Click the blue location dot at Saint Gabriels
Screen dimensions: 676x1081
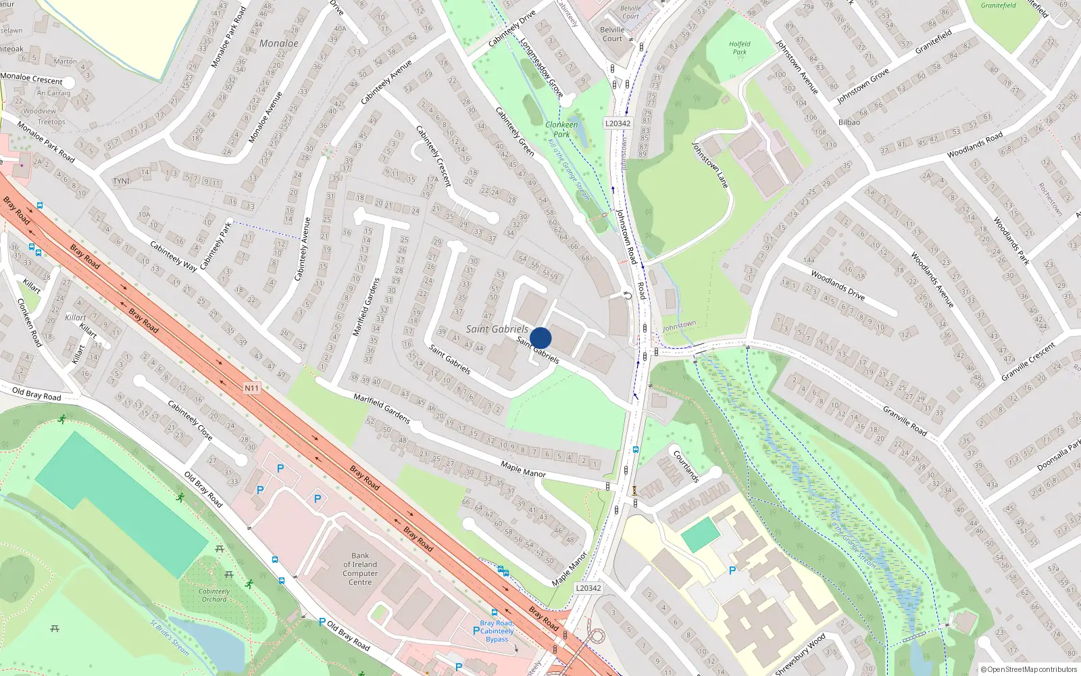[540, 338]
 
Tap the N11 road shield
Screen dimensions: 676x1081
[251, 388]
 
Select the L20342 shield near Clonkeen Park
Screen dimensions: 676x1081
[618, 123]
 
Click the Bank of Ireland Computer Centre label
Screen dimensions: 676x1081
[360, 569]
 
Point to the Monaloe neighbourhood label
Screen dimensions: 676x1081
[278, 43]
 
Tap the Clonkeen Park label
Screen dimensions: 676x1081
[561, 129]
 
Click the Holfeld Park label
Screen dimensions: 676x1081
[740, 47]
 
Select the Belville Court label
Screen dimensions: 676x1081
[612, 34]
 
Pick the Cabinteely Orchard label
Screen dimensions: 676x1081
[214, 595]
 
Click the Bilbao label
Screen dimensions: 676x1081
[849, 122]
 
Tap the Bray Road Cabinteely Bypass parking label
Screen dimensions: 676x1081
[497, 631]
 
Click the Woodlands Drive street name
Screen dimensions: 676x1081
[838, 285]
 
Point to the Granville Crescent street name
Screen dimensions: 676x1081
[1028, 362]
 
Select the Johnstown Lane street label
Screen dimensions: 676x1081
[710, 165]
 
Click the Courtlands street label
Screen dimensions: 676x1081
[686, 466]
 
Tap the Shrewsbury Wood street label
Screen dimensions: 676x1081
[801, 654]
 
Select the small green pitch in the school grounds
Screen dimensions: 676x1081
[701, 535]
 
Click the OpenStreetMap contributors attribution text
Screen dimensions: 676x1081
[1029, 670]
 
